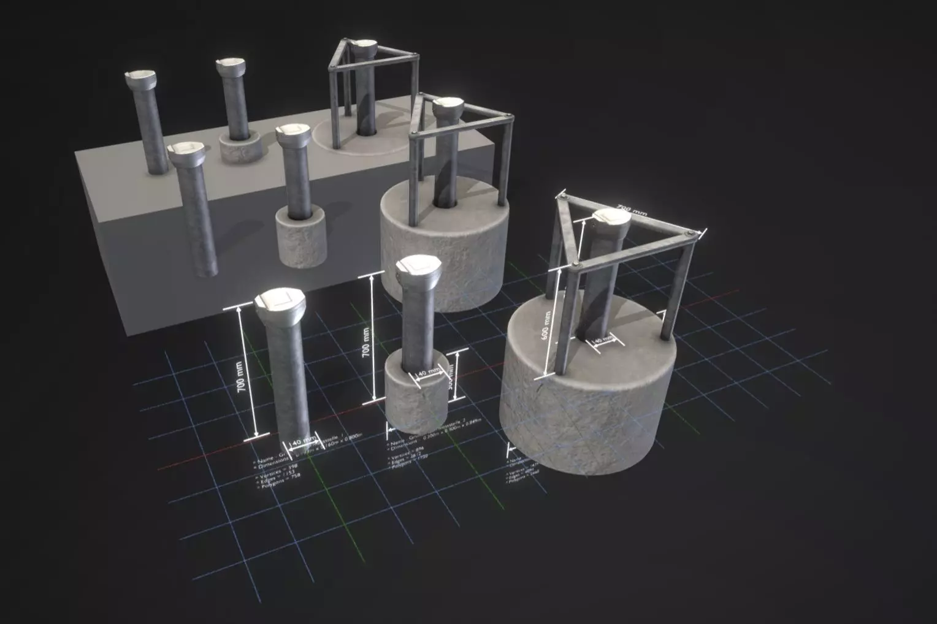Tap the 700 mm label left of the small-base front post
coord(365,342)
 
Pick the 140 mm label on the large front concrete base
coord(602,340)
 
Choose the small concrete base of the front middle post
coord(415,398)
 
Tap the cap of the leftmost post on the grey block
coord(140,77)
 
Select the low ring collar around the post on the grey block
coord(240,148)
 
